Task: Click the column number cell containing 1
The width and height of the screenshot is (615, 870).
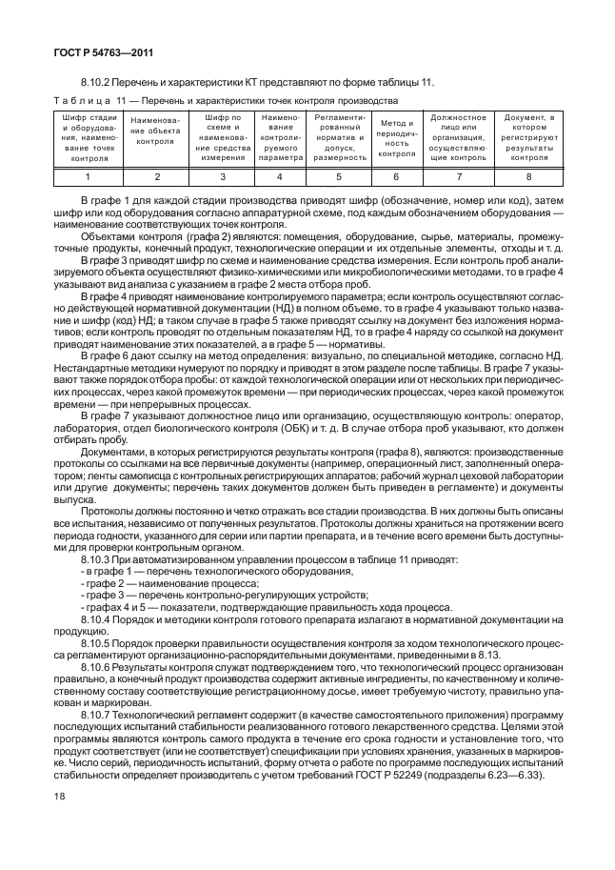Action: click(88, 176)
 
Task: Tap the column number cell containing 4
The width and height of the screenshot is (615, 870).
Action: click(280, 176)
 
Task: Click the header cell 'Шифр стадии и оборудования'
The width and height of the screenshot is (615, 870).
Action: click(88, 137)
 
